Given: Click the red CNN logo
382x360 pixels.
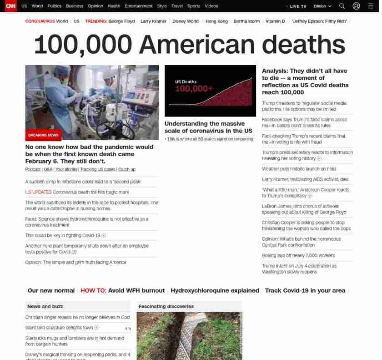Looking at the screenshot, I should (10, 6).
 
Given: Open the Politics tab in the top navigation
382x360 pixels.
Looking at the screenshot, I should (54, 6).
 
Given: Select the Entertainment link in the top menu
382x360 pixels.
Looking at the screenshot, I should (139, 6).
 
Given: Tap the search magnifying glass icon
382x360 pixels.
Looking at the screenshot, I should (342, 6).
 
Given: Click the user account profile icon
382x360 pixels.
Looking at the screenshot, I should (357, 6).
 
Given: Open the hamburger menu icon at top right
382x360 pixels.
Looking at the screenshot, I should (371, 6).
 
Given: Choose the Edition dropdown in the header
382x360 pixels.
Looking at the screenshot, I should (322, 6).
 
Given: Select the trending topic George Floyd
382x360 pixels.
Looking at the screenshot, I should (121, 21).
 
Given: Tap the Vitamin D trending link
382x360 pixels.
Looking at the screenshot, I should (275, 21).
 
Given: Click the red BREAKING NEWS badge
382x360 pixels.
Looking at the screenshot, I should (43, 135).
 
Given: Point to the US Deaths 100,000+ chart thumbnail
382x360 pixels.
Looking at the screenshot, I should (210, 91).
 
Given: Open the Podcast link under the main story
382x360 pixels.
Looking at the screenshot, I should (33, 169).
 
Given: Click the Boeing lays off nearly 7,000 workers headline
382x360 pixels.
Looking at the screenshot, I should (298, 255).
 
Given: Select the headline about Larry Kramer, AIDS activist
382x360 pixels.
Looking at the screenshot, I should (305, 179).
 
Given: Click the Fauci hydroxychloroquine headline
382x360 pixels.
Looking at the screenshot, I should (86, 222).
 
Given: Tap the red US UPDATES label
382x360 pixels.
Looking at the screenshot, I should (38, 192).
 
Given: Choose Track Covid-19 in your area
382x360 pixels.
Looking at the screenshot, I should (305, 290).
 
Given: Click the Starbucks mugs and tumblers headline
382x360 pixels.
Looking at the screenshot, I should (75, 341).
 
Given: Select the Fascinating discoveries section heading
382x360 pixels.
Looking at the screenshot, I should (166, 306).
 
